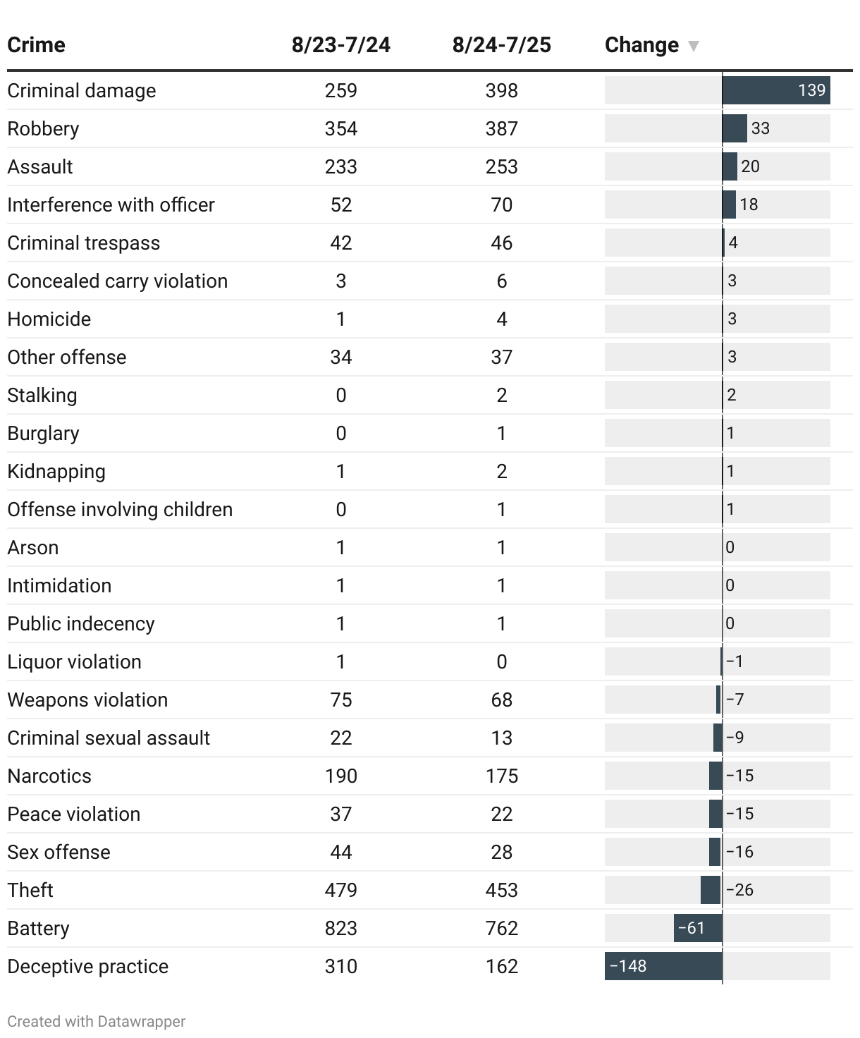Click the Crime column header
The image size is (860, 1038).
(x=36, y=45)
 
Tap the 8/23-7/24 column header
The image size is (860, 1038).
(x=340, y=45)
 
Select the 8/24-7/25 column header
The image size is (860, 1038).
(x=501, y=45)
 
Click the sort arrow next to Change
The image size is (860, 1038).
(x=694, y=46)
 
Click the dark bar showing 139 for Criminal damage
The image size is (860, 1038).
(x=775, y=90)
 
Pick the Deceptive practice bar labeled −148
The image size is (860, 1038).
(x=663, y=966)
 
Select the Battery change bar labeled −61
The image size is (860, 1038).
(x=698, y=928)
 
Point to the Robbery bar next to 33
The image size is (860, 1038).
(x=735, y=128)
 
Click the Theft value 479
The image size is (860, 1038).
(x=340, y=890)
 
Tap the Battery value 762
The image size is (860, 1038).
(x=501, y=928)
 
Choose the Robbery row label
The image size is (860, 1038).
(x=43, y=128)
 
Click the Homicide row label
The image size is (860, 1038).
(x=49, y=319)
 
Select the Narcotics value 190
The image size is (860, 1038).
(x=340, y=776)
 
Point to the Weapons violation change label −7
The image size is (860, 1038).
(x=735, y=700)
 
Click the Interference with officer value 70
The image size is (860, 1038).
(x=501, y=204)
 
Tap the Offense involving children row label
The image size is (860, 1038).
(x=120, y=509)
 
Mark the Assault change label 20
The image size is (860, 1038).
(x=750, y=166)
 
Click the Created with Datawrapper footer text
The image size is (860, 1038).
(x=96, y=1021)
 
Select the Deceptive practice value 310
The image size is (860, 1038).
(x=340, y=966)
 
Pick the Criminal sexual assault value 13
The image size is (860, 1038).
(x=501, y=738)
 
